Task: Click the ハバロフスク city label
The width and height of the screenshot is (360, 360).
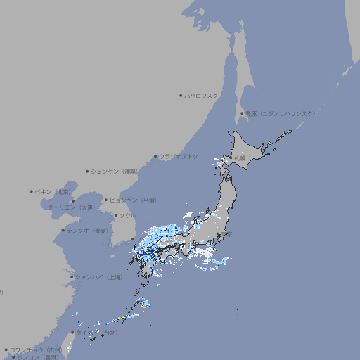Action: click(201, 96)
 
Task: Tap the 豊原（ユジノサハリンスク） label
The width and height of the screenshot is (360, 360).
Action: click(281, 113)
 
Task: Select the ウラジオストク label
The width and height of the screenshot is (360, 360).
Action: click(179, 156)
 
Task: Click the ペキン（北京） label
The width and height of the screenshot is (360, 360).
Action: click(54, 191)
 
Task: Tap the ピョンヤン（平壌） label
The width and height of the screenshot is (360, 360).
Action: click(133, 200)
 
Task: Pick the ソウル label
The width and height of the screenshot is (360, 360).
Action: click(127, 215)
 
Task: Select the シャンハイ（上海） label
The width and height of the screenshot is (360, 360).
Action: click(99, 277)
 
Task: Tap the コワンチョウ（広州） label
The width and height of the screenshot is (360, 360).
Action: click(36, 349)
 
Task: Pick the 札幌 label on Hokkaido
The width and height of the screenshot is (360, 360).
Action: click(240, 157)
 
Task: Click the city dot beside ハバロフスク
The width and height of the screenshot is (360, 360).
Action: click(181, 96)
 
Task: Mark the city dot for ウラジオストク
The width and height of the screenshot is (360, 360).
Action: click(155, 156)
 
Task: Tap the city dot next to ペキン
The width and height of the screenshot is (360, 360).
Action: click(32, 191)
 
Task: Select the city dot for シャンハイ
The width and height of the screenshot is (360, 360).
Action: click(72, 277)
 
